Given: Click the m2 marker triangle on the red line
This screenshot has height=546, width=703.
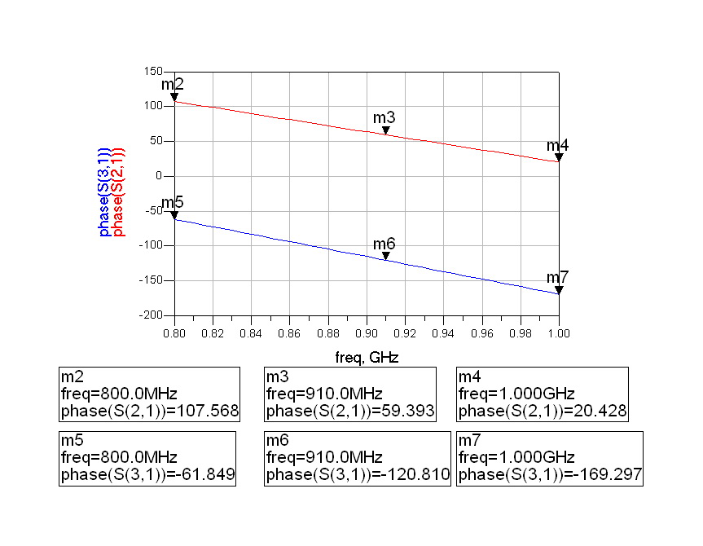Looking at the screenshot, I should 174,97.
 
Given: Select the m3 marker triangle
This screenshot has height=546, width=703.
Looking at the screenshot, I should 386,130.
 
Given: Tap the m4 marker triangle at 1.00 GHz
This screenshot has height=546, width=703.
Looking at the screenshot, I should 560,157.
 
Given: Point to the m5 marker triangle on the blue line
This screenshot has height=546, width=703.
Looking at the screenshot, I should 174,215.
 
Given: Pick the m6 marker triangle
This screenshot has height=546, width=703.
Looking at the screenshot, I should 386,256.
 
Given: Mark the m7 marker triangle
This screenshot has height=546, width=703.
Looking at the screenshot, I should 560,290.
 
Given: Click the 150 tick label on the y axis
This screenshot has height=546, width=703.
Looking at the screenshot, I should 152,72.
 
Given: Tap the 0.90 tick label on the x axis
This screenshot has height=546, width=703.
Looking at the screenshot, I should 367,333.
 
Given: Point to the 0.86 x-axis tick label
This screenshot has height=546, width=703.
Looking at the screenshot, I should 289,333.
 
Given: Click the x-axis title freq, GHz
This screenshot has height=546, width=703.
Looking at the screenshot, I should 367,357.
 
